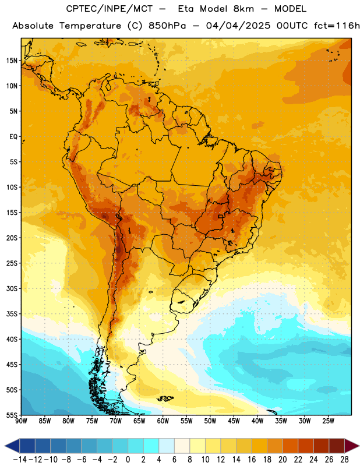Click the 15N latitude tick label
click(x=12, y=61)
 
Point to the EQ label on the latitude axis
click(x=13, y=137)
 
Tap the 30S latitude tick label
click(x=12, y=288)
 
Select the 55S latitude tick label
click(x=12, y=415)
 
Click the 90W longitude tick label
click(x=21, y=421)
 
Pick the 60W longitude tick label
click(x=163, y=421)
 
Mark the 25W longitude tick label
click(x=328, y=421)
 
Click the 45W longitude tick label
click(x=234, y=421)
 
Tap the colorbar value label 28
click(x=344, y=460)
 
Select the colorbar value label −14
click(x=20, y=460)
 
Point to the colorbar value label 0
click(x=128, y=460)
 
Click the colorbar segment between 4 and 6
click(x=167, y=446)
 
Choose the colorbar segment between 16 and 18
click(x=259, y=446)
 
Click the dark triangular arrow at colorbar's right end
click(x=352, y=446)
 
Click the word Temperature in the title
click(x=90, y=26)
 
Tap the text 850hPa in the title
click(x=167, y=26)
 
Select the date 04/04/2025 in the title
click(x=238, y=26)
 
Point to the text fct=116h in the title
click(x=337, y=26)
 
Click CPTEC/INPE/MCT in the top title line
click(x=110, y=9)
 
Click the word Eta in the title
click(x=186, y=9)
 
